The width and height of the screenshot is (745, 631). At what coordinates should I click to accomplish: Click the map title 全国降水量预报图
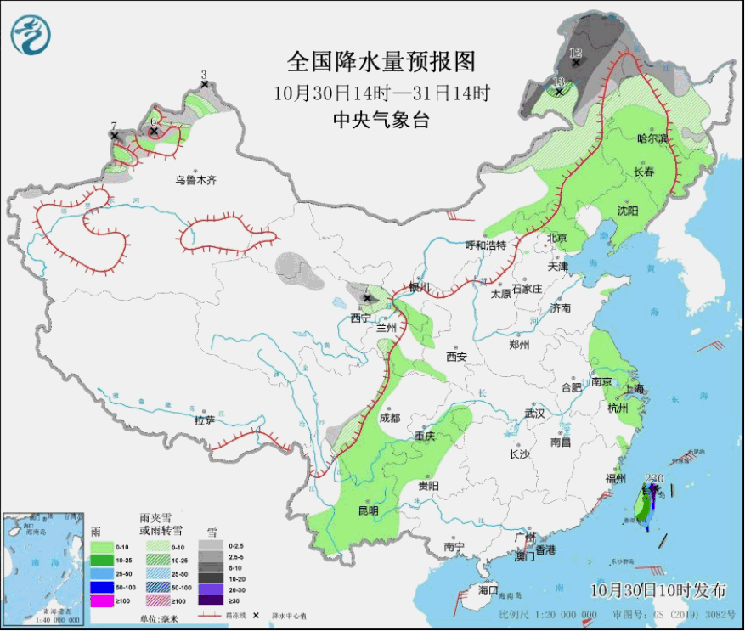[x=381, y=62]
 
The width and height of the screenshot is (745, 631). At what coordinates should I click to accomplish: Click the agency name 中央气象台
[x=381, y=120]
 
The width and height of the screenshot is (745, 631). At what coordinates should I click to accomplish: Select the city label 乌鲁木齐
[x=196, y=179]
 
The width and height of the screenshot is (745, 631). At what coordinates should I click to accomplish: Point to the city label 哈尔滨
[x=652, y=138]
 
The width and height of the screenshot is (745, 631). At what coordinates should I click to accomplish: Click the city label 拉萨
[x=204, y=420]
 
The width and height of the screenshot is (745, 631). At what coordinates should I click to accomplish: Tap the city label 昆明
[x=368, y=510]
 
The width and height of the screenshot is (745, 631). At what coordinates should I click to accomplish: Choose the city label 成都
[x=389, y=417]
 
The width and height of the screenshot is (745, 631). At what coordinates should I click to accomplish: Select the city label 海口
[x=488, y=589]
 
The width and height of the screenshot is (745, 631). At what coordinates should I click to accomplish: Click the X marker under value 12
[x=576, y=62]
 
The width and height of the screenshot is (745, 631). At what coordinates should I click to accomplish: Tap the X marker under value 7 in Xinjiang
[x=114, y=136]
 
